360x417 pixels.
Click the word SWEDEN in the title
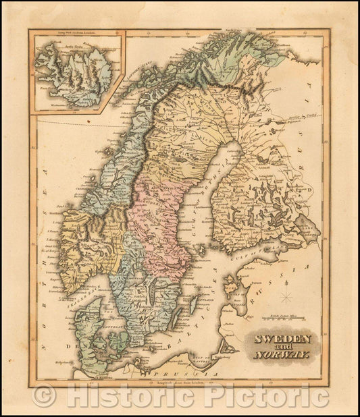(282, 338)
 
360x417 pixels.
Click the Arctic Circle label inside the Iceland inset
(68, 50)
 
